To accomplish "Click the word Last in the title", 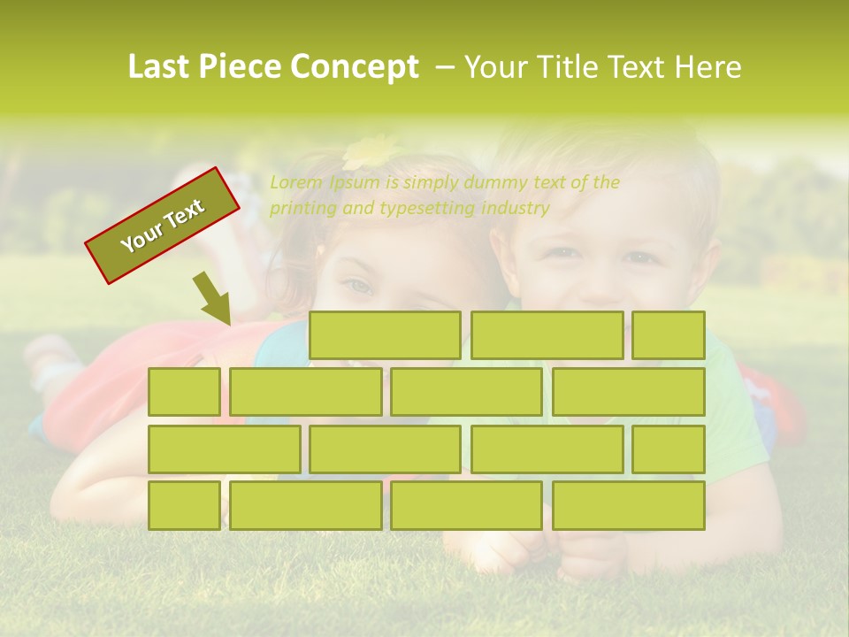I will coord(158,67).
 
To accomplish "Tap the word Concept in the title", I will coord(356,67).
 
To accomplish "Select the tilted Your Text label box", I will coord(162,225).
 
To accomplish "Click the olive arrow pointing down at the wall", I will coord(213,299).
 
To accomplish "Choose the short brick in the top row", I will coord(668,335).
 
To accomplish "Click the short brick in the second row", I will coord(184,392).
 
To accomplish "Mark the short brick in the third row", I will coord(668,449).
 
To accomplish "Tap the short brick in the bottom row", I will coord(184,505).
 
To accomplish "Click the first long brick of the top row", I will coord(385,335).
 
